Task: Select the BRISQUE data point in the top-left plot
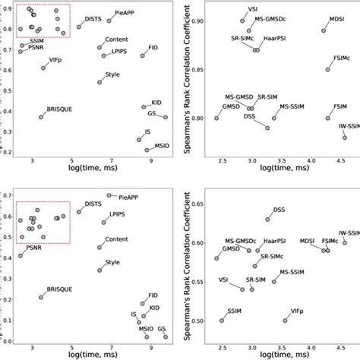click(x=43, y=116)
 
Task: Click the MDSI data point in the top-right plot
click(x=324, y=30)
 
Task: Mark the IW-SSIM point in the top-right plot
click(x=345, y=137)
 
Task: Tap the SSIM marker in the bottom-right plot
click(x=222, y=320)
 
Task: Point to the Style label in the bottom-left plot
click(x=112, y=263)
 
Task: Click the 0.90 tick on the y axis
click(x=194, y=21)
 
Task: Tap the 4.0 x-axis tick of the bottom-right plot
click(x=311, y=349)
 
